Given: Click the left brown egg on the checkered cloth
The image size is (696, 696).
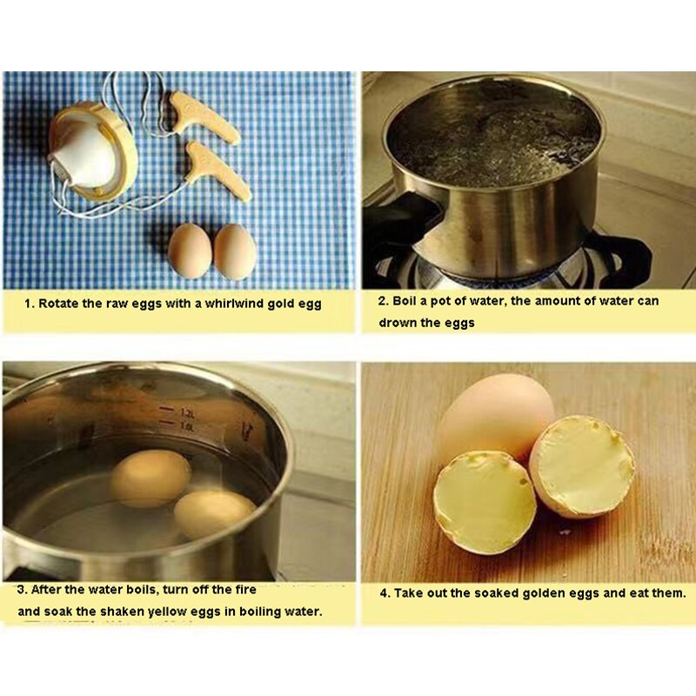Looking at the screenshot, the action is pyautogui.click(x=190, y=251).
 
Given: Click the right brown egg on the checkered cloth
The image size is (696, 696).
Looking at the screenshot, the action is pyautogui.click(x=235, y=251).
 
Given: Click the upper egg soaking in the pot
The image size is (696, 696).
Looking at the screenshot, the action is pyautogui.click(x=151, y=478).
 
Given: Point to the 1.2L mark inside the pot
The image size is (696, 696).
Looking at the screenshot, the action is pyautogui.click(x=187, y=412).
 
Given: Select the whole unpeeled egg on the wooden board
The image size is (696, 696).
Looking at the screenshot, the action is pyautogui.click(x=495, y=419).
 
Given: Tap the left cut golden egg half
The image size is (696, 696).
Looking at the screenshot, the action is pyautogui.click(x=485, y=503).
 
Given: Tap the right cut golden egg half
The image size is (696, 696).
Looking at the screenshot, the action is pyautogui.click(x=581, y=466).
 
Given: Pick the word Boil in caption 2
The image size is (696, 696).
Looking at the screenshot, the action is pyautogui.click(x=405, y=301).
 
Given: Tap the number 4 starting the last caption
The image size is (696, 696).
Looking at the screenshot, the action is pyautogui.click(x=384, y=593).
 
